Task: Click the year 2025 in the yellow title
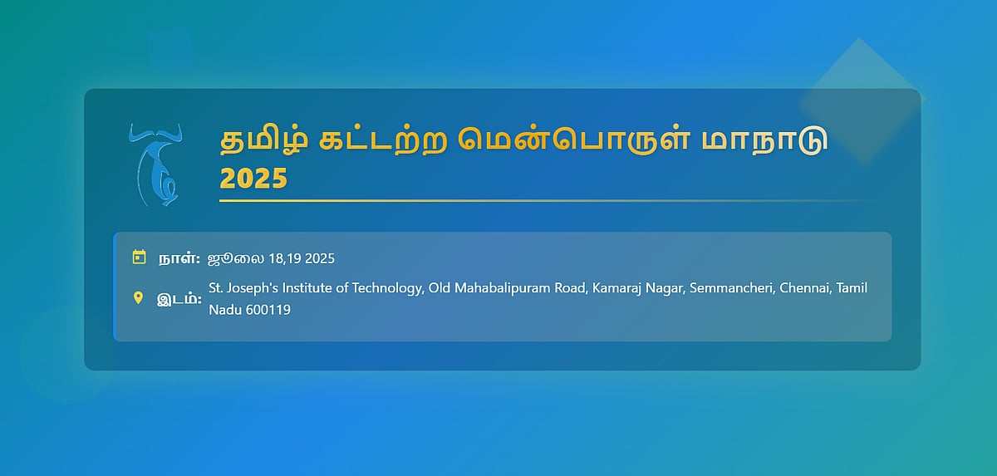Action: click(x=253, y=179)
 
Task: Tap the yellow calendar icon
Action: click(x=140, y=258)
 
